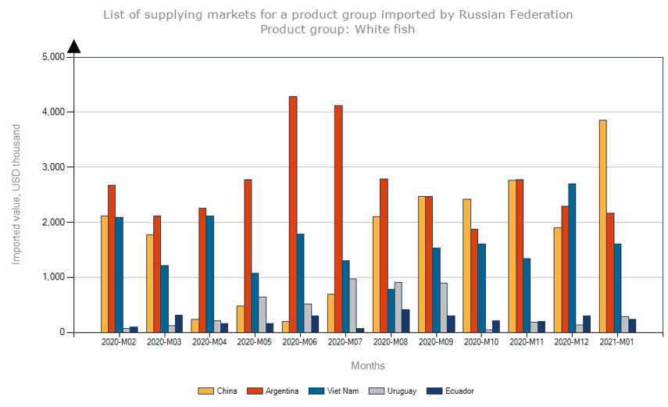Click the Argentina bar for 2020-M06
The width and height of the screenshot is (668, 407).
tap(293, 214)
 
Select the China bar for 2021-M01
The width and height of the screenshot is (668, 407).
tap(602, 226)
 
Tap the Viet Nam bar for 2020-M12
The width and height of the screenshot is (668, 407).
tap(572, 258)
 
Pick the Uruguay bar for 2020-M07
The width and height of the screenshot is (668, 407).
tap(353, 305)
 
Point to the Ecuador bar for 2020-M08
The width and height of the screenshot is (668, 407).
tap(405, 321)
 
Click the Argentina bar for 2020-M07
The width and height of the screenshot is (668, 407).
tap(338, 219)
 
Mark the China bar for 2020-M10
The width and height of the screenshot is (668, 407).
tap(466, 266)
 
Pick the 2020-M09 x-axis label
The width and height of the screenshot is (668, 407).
tap(438, 341)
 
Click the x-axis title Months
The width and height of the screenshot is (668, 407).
tap(367, 366)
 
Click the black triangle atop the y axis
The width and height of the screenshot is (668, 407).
tap(74, 47)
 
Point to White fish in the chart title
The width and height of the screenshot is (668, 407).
tap(384, 29)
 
